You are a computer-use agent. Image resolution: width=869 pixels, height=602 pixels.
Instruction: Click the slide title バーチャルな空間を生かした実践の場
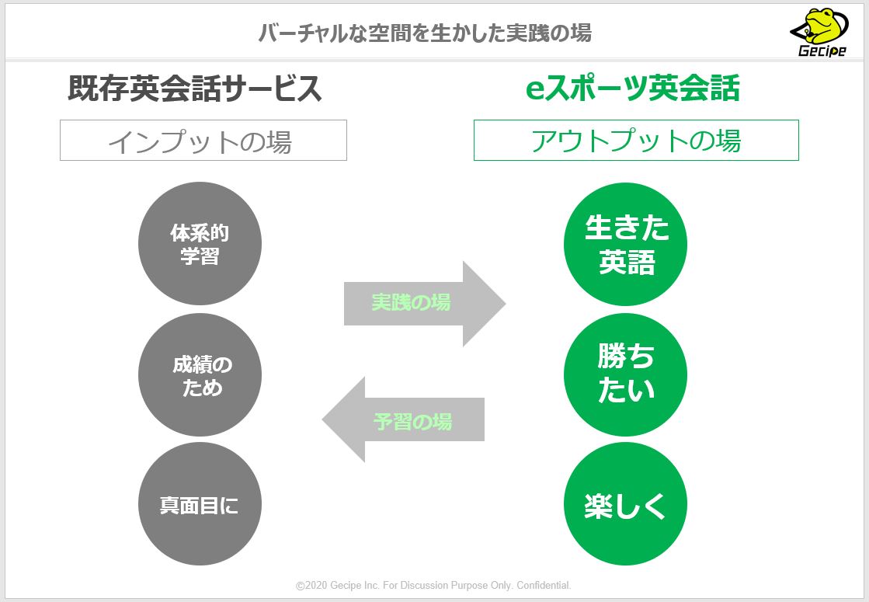click(424, 33)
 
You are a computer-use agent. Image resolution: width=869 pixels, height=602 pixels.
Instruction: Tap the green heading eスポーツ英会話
click(632, 89)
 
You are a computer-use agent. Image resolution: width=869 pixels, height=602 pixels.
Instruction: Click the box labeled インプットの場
click(203, 141)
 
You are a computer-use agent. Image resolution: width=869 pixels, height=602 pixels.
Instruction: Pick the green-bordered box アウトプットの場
click(636, 141)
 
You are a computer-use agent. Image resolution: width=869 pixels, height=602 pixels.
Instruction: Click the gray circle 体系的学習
click(200, 244)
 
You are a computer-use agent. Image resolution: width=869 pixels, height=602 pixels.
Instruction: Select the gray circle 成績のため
click(200, 375)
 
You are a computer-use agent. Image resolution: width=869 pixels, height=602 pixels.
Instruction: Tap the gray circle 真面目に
click(200, 505)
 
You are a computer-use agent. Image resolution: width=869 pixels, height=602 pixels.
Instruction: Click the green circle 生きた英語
click(626, 244)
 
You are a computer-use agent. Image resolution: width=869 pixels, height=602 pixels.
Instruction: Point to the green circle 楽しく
click(626, 505)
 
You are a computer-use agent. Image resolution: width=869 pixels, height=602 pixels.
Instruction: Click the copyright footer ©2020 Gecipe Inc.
click(433, 585)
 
